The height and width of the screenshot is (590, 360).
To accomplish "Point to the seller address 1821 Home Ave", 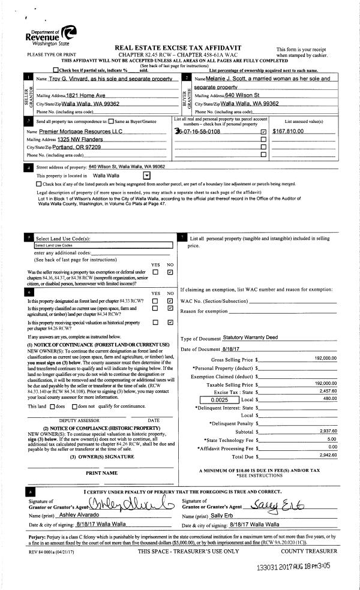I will coord(85,95).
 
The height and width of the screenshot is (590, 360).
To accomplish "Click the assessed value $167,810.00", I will coord(289,131).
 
